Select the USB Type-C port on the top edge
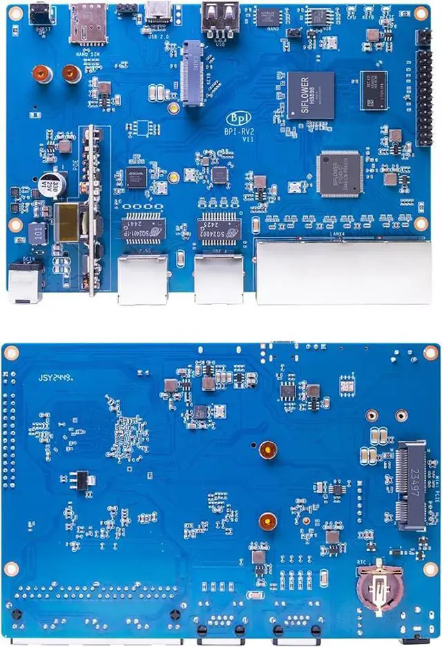click(x=160, y=12)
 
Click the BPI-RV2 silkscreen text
click(x=238, y=130)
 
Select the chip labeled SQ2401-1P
click(x=143, y=226)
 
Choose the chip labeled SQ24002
click(x=219, y=226)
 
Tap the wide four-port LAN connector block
click(x=343, y=272)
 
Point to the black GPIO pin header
click(x=423, y=88)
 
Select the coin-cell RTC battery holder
click(x=379, y=589)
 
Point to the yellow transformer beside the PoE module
click(x=68, y=222)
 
